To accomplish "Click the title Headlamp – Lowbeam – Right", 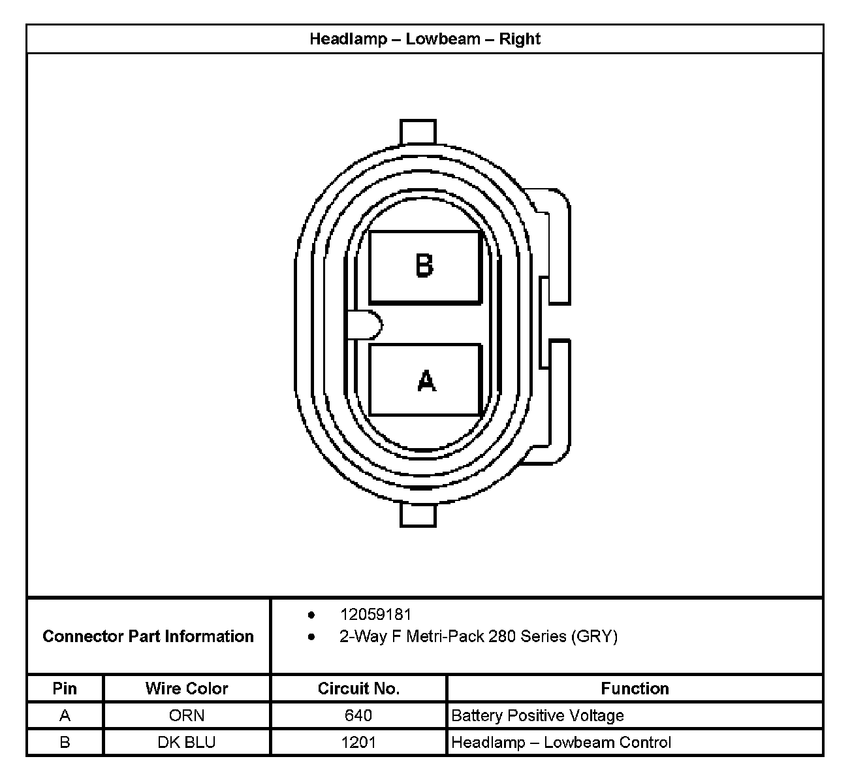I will click(424, 39).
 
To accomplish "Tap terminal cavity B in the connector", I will click(425, 267).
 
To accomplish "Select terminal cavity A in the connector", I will click(425, 380).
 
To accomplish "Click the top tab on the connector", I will click(418, 131).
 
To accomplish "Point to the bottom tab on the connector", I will click(418, 515).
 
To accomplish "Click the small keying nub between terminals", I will click(364, 325).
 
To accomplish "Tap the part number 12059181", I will click(375, 615).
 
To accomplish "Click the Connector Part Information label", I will click(148, 636).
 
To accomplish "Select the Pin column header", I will click(65, 688).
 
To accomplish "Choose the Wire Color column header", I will click(187, 688).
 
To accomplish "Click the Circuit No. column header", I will click(358, 688).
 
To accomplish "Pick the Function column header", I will click(635, 688).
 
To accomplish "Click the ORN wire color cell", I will click(187, 716).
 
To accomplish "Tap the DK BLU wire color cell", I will click(187, 743).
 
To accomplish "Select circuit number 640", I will click(358, 716).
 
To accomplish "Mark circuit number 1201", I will click(358, 743).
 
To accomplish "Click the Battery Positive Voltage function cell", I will click(537, 716).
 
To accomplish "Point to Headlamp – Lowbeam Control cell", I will click(561, 743).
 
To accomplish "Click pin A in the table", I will click(65, 716).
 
